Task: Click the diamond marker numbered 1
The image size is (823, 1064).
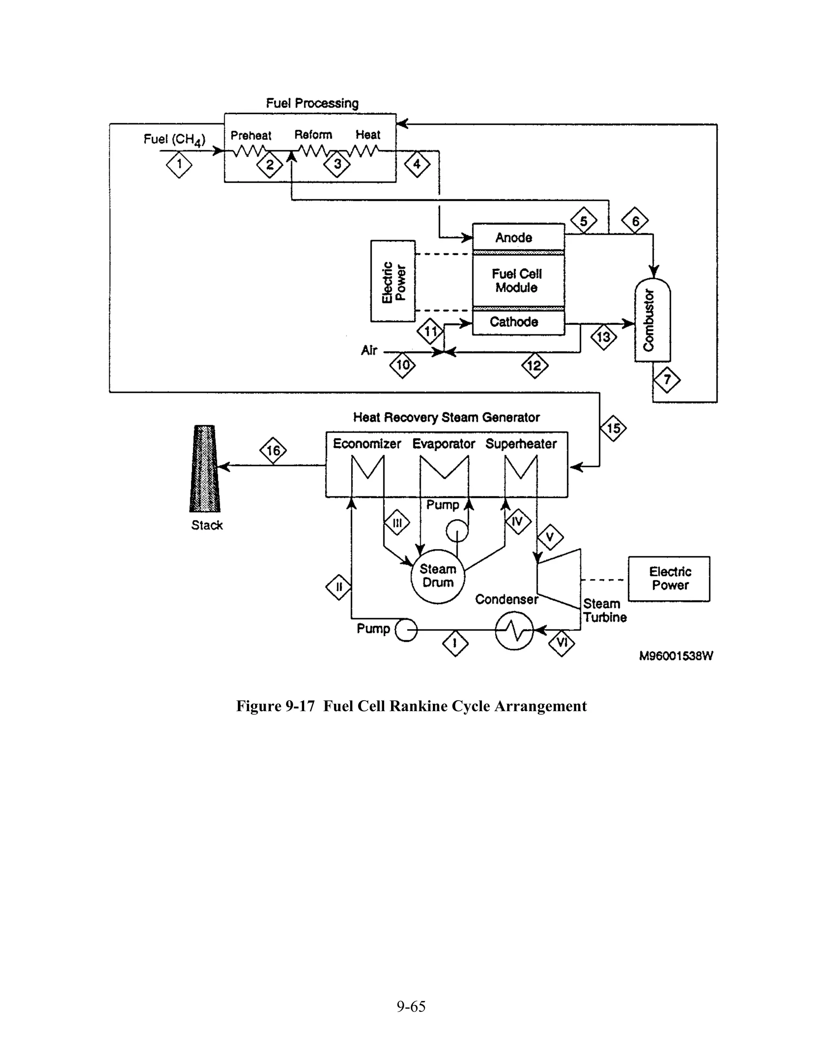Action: (179, 165)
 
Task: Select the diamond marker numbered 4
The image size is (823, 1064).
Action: (417, 165)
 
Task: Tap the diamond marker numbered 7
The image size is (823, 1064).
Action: (667, 379)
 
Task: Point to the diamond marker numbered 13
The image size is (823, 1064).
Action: (604, 337)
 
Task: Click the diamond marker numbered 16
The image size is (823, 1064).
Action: (273, 450)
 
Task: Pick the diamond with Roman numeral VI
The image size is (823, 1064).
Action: (562, 643)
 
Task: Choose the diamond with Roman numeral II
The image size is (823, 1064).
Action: (339, 587)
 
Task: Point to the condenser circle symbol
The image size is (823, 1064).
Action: (514, 631)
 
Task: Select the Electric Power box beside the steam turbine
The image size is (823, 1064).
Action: (669, 579)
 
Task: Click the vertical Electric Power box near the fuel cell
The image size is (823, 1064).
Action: (393, 281)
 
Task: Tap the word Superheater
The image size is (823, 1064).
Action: (521, 444)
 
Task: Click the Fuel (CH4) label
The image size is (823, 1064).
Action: (174, 140)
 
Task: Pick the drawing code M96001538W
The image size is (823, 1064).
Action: (676, 656)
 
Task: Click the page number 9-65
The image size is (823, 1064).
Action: (411, 1007)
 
